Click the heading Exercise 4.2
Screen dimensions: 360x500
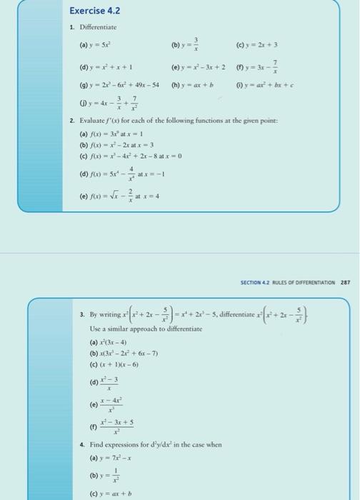pos(94,11)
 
